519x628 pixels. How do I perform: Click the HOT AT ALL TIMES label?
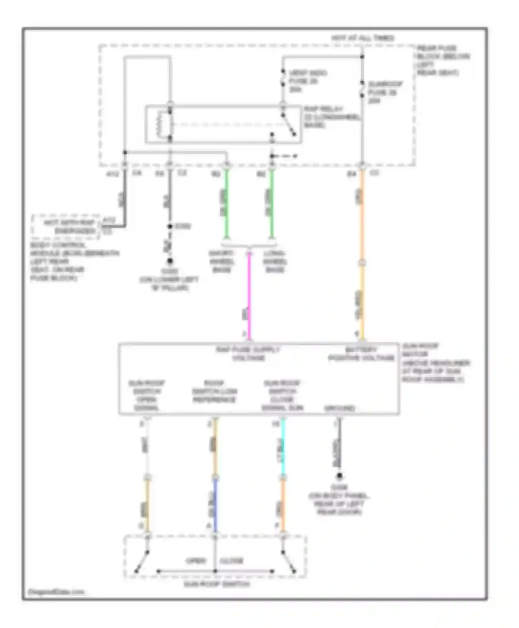[x=363, y=38]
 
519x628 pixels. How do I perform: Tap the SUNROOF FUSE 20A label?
[x=384, y=92]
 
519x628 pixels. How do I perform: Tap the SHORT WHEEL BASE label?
[x=221, y=261]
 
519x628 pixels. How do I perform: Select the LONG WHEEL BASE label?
[x=275, y=261]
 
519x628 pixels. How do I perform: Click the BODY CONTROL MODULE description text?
[x=74, y=261]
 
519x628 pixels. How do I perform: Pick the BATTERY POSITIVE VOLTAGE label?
[x=361, y=354]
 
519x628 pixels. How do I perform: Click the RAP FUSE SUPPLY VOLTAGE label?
[x=248, y=354]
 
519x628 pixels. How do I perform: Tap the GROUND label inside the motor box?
[x=339, y=408]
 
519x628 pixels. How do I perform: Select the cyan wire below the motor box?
[x=283, y=447]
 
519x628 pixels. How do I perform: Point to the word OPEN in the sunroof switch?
[x=196, y=561]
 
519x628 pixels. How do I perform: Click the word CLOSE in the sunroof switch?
[x=231, y=561]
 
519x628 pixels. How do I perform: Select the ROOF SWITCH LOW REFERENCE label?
[x=215, y=392]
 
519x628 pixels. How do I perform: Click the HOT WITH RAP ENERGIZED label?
[x=69, y=227]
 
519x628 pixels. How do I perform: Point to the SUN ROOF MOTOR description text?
[x=435, y=363]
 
